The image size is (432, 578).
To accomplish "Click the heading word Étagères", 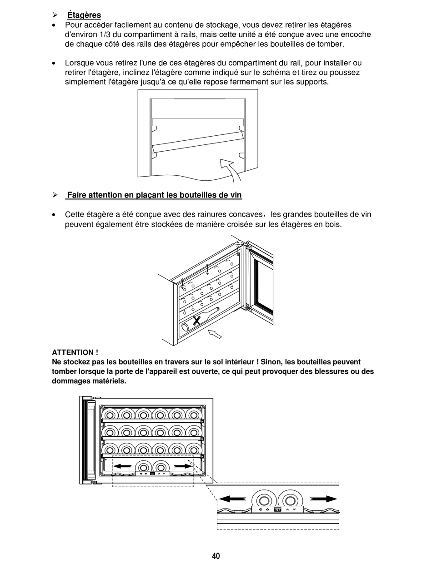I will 84,15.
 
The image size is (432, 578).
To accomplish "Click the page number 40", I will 216,556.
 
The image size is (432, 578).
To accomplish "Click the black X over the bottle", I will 196,321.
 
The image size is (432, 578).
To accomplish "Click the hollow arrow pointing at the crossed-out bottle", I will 215,334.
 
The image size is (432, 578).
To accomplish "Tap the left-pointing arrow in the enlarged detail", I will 233,499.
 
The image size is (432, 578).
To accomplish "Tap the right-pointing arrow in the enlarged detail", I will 324,499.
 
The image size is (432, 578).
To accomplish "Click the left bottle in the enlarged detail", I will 263,500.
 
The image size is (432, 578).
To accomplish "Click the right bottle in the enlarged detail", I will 290,500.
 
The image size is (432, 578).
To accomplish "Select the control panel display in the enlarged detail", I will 277,509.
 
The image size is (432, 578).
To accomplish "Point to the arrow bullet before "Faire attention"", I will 55,195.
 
